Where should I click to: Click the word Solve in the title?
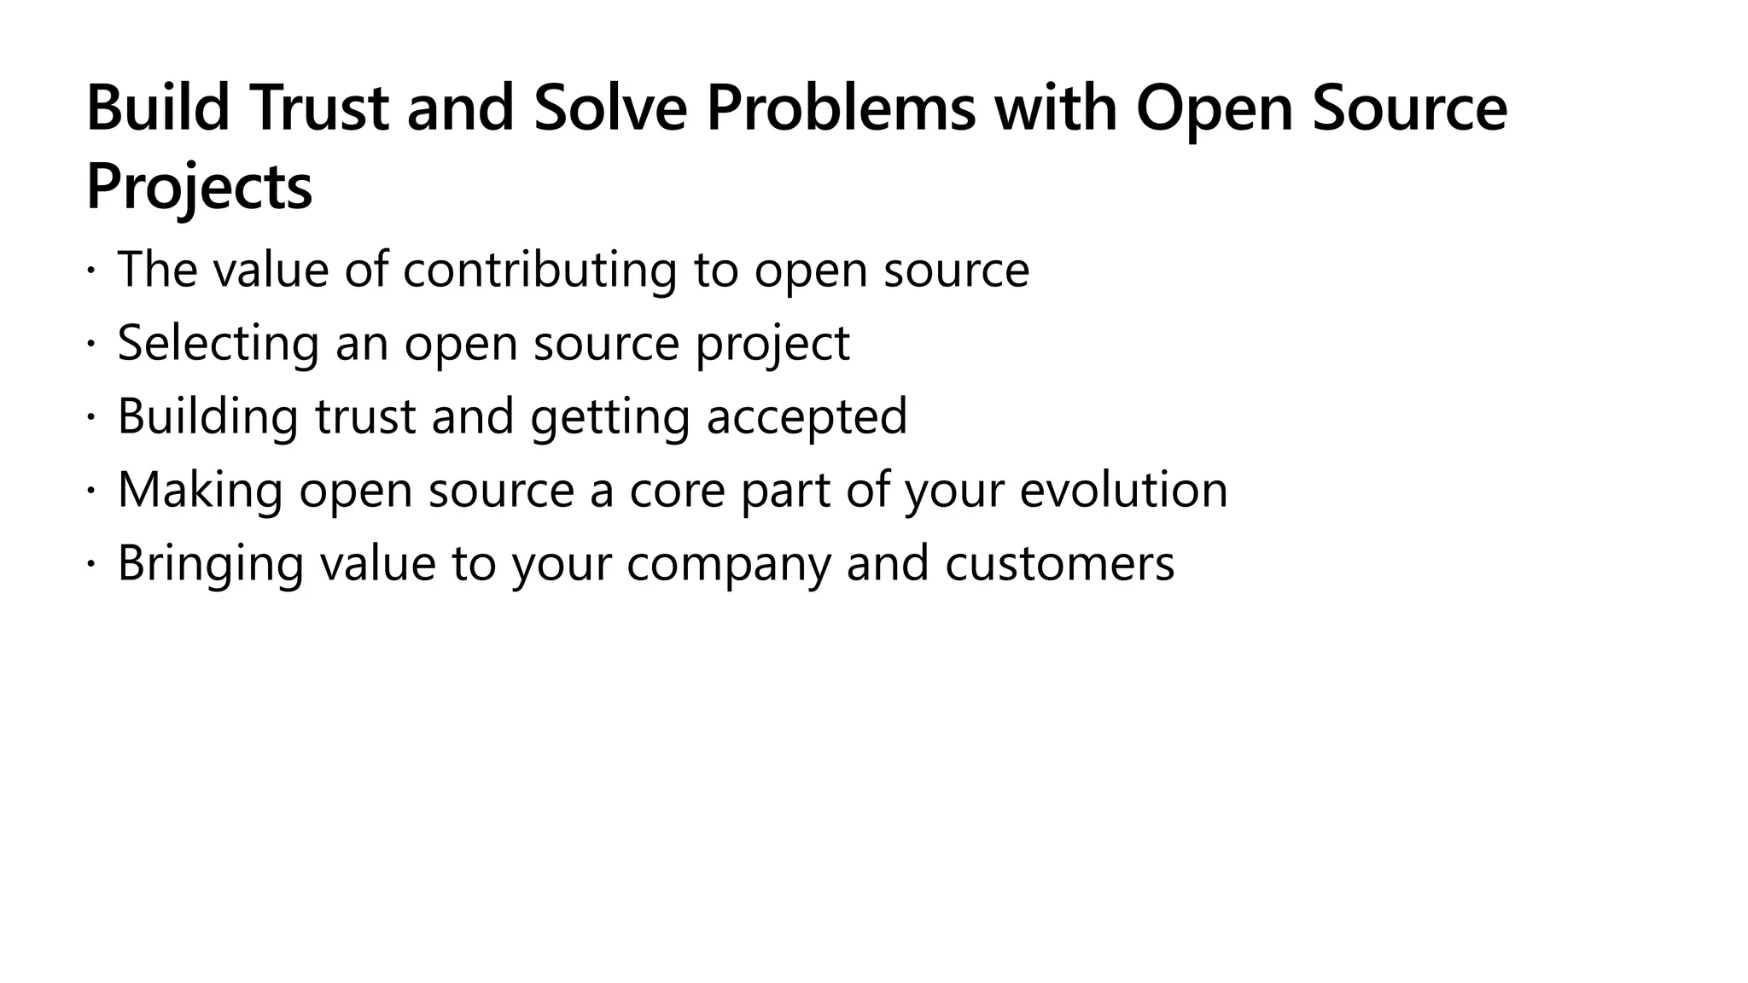(610, 108)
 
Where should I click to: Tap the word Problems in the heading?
(841, 108)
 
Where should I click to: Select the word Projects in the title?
(199, 188)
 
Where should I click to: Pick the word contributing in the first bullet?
(539, 270)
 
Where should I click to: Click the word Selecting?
(218, 344)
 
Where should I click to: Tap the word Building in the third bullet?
(207, 417)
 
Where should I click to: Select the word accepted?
(807, 417)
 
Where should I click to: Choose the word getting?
(609, 417)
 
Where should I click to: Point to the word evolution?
(1123, 491)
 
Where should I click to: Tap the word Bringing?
(210, 564)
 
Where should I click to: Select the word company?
(728, 564)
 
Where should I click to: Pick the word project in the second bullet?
(772, 344)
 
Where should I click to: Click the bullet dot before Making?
(90, 492)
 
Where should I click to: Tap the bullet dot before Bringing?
(90, 566)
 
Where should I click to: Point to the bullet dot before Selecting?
(90, 346)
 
